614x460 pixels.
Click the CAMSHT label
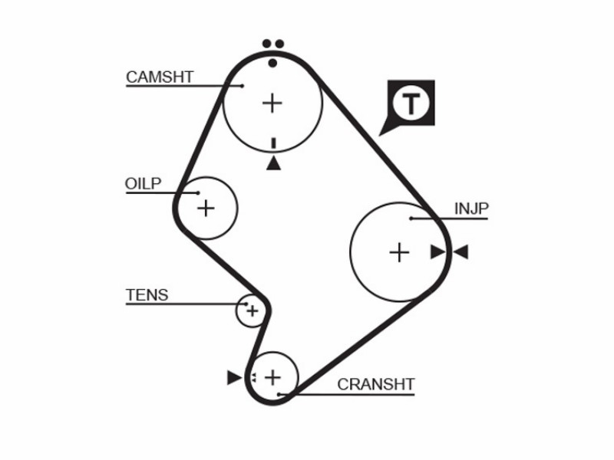pos(160,77)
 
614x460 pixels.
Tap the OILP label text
pos(143,184)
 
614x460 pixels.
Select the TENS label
pos(147,295)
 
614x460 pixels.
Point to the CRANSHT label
pos(376,385)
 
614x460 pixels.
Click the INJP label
pos(471,209)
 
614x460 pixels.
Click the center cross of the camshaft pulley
pos(272,103)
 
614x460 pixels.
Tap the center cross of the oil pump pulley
pos(206,208)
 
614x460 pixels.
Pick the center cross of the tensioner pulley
pos(253,311)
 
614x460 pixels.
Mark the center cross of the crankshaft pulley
pos(273,377)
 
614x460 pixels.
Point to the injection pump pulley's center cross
pos(399,252)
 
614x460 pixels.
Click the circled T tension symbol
pos(411,103)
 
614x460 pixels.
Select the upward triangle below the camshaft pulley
pos(273,163)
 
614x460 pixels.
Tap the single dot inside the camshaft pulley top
pos(273,63)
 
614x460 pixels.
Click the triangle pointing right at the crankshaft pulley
pos(234,377)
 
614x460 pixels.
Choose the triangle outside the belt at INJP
pos(461,252)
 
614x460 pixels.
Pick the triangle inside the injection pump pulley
pos(437,252)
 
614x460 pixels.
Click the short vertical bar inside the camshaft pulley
pos(274,143)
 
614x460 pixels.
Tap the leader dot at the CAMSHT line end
pos(243,86)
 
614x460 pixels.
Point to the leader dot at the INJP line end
pos(411,219)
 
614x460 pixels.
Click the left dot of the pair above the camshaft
pos(266,44)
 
